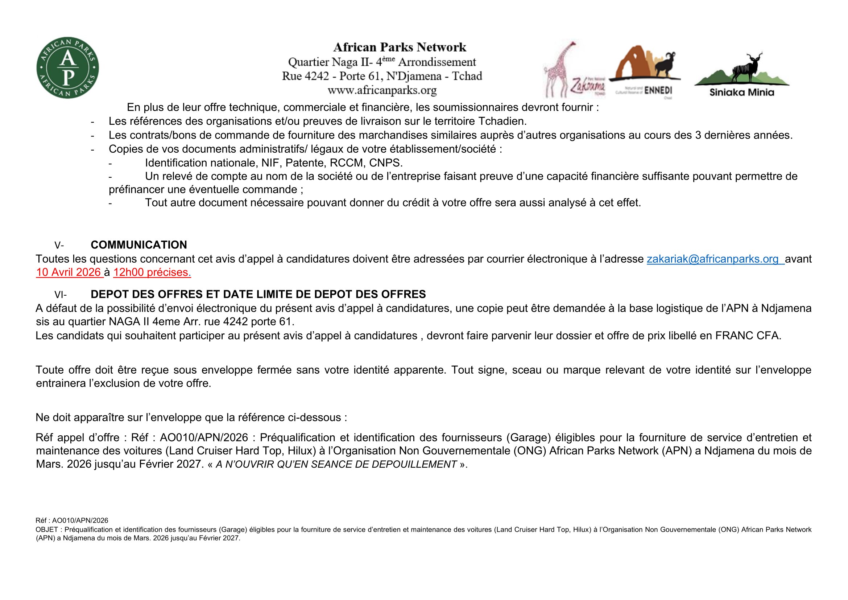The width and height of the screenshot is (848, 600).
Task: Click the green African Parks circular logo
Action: tap(67, 68)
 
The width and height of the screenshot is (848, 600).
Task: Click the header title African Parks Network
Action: tap(400, 47)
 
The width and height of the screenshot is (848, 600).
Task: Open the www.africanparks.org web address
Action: tap(382, 90)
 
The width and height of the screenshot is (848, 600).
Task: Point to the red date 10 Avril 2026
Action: tap(69, 272)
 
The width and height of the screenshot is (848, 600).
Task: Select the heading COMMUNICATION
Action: tap(139, 245)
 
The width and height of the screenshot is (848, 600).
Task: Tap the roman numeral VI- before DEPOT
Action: tap(60, 295)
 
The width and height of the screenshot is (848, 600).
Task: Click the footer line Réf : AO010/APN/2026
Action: tap(72, 521)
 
